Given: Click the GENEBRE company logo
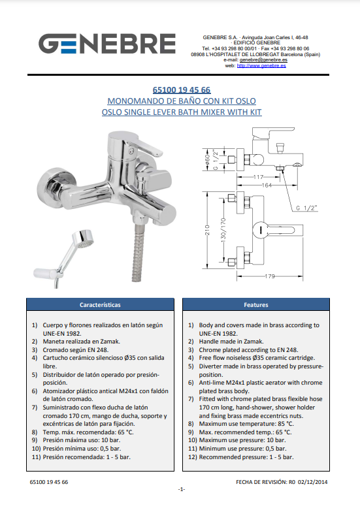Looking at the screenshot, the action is [107, 44].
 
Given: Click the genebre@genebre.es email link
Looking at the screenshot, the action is [263, 60].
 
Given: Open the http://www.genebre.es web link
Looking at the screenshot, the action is [261, 65].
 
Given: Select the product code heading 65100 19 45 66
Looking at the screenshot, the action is [182, 90].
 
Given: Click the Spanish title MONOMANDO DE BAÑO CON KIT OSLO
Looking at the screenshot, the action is [182, 101].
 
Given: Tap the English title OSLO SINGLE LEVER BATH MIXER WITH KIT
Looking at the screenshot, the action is [182, 112].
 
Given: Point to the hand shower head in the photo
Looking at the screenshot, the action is [82, 238].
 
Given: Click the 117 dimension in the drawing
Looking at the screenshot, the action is [258, 177].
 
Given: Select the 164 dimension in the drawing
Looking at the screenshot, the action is [267, 185].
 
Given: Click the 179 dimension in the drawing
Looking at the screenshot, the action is [269, 276].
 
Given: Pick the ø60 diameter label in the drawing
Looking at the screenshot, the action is [207, 160].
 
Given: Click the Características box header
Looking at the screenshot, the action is [100, 304].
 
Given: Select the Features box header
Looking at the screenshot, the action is [256, 304].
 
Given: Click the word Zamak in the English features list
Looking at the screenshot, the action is [254, 342].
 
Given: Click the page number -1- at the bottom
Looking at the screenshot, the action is [182, 489].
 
